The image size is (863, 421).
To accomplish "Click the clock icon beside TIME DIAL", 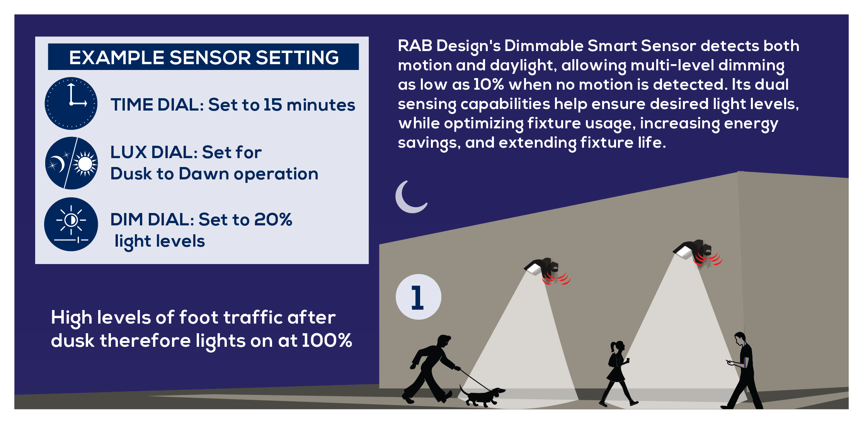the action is pos(71,103).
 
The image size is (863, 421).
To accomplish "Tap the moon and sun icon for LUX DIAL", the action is pos(71,163).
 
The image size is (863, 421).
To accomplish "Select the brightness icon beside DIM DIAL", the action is pos(71,224).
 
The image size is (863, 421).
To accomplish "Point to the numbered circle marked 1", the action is pos(418,297).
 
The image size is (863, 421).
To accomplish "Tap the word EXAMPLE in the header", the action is pos(117,58).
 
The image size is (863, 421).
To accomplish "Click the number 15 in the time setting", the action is pos(272,105).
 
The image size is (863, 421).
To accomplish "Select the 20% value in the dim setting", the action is pos(273,220).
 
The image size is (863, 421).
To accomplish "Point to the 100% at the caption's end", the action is pos(327,341).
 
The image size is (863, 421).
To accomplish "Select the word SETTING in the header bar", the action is pos(297,58).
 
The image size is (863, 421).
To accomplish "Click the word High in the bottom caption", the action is pos(71,318).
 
